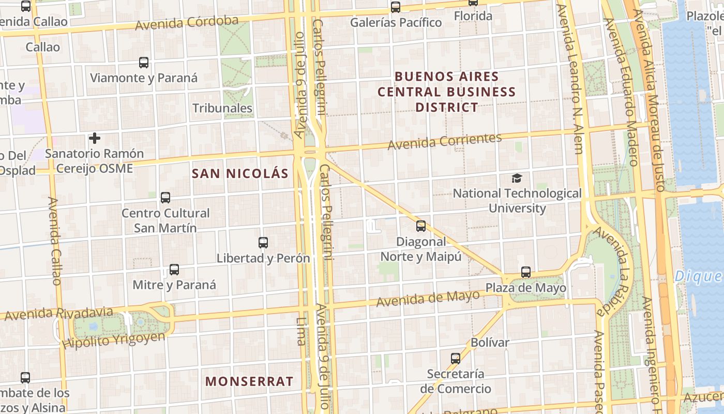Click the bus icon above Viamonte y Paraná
144,63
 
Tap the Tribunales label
222,108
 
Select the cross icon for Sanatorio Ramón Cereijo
95,138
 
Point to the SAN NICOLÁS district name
240,173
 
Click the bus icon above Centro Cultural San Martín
165,197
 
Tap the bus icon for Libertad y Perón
263,242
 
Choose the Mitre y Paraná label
174,285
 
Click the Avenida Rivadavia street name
58,314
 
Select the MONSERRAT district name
249,381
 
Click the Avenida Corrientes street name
445,141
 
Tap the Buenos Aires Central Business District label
447,92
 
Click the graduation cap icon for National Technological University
517,179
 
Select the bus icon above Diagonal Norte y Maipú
421,226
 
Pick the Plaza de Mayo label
525,288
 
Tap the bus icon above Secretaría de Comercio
456,358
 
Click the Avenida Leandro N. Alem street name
574,78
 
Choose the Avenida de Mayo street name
428,298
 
